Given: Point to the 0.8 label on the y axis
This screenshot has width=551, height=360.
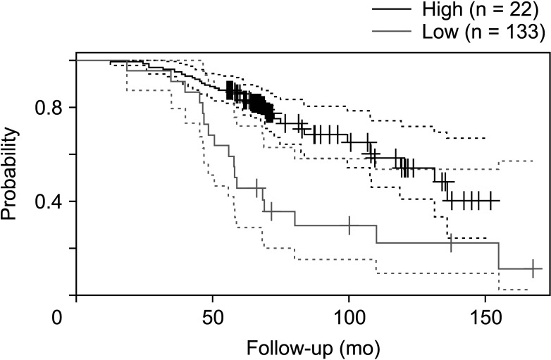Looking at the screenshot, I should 47,107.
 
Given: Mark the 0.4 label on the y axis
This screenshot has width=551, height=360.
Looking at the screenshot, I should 47,202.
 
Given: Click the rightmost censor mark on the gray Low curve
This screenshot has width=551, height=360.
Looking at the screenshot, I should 533,268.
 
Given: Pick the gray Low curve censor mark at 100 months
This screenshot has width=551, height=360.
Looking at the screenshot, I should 349,225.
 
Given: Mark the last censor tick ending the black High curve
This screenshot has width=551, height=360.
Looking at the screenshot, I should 490,200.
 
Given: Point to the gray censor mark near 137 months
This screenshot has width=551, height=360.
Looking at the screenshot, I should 451,243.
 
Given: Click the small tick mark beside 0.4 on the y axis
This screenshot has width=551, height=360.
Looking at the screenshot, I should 72,202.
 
